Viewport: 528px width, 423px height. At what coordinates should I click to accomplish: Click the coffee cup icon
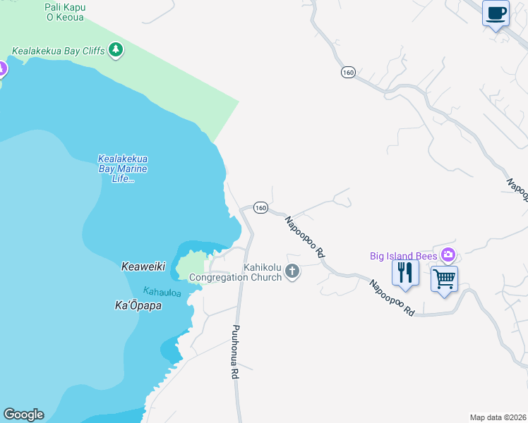click(x=496, y=13)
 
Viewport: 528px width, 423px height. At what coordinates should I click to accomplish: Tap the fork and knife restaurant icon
click(x=404, y=272)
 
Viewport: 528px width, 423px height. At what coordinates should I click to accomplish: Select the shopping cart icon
click(x=444, y=279)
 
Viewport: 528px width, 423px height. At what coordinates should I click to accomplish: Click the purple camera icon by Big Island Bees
click(x=447, y=255)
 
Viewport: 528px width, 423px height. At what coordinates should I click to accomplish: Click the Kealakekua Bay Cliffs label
click(x=58, y=51)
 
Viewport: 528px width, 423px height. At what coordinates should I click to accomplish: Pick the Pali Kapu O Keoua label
click(x=64, y=12)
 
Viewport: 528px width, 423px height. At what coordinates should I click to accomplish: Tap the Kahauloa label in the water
click(x=162, y=291)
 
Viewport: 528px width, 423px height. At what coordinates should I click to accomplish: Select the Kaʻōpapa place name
click(x=138, y=305)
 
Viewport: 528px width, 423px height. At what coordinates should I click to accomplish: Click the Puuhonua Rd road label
click(x=235, y=352)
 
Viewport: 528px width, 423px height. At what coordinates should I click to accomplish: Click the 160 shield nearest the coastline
click(x=260, y=208)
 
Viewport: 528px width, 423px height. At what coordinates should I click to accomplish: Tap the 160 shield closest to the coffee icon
click(x=347, y=73)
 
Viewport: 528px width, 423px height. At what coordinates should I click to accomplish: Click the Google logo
click(x=23, y=415)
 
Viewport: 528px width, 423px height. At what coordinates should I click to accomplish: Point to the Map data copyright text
click(x=498, y=417)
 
